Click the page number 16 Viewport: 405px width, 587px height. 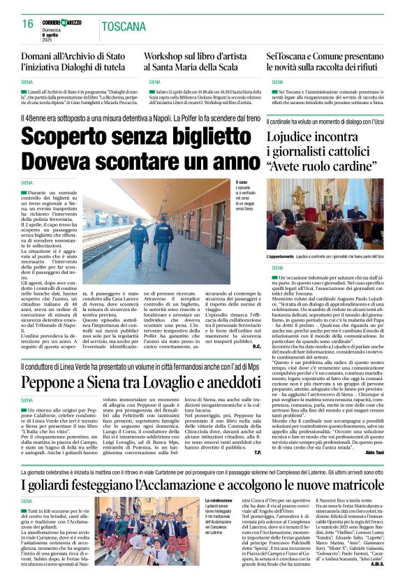pos(28,24)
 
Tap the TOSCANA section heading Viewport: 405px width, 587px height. pos(123,28)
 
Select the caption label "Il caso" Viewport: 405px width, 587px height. pos(242,183)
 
